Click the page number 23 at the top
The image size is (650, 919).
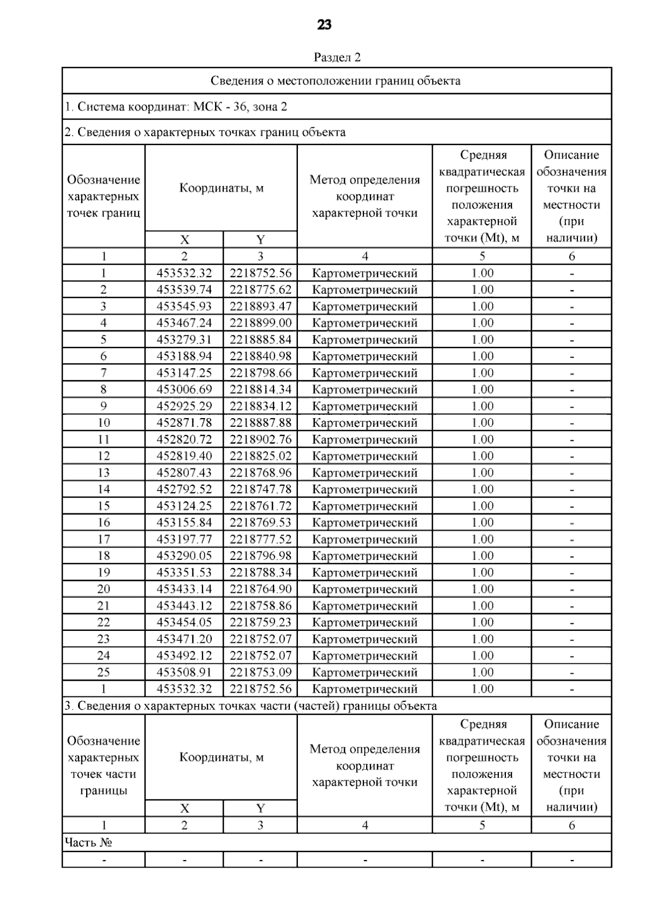(324, 25)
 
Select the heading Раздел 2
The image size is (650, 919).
(337, 57)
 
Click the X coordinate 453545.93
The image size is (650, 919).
(184, 307)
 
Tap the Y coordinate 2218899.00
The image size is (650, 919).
(261, 323)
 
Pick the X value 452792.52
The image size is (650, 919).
(184, 490)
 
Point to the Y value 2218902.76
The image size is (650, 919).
(261, 440)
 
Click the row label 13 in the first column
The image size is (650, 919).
(103, 473)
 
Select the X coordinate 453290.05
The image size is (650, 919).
(184, 556)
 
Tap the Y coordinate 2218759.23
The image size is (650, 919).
(261, 623)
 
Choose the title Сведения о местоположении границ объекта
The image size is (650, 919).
(336, 81)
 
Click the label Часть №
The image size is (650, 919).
(88, 843)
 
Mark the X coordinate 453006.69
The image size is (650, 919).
(184, 390)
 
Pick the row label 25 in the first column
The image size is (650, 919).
(103, 673)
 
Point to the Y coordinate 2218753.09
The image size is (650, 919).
(261, 673)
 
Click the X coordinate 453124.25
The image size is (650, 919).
(184, 506)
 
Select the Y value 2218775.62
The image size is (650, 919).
(261, 290)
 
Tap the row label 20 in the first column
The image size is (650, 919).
(103, 589)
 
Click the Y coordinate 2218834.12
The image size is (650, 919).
(261, 406)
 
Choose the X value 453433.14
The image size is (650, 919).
(184, 589)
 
